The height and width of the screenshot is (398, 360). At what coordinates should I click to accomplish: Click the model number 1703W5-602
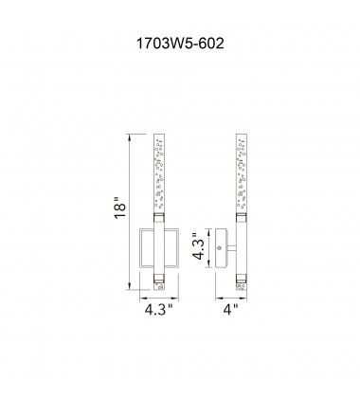(180, 42)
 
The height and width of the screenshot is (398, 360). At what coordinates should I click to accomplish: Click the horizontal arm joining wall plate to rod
(229, 248)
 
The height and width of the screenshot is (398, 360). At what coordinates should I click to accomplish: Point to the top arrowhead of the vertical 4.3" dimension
(207, 227)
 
